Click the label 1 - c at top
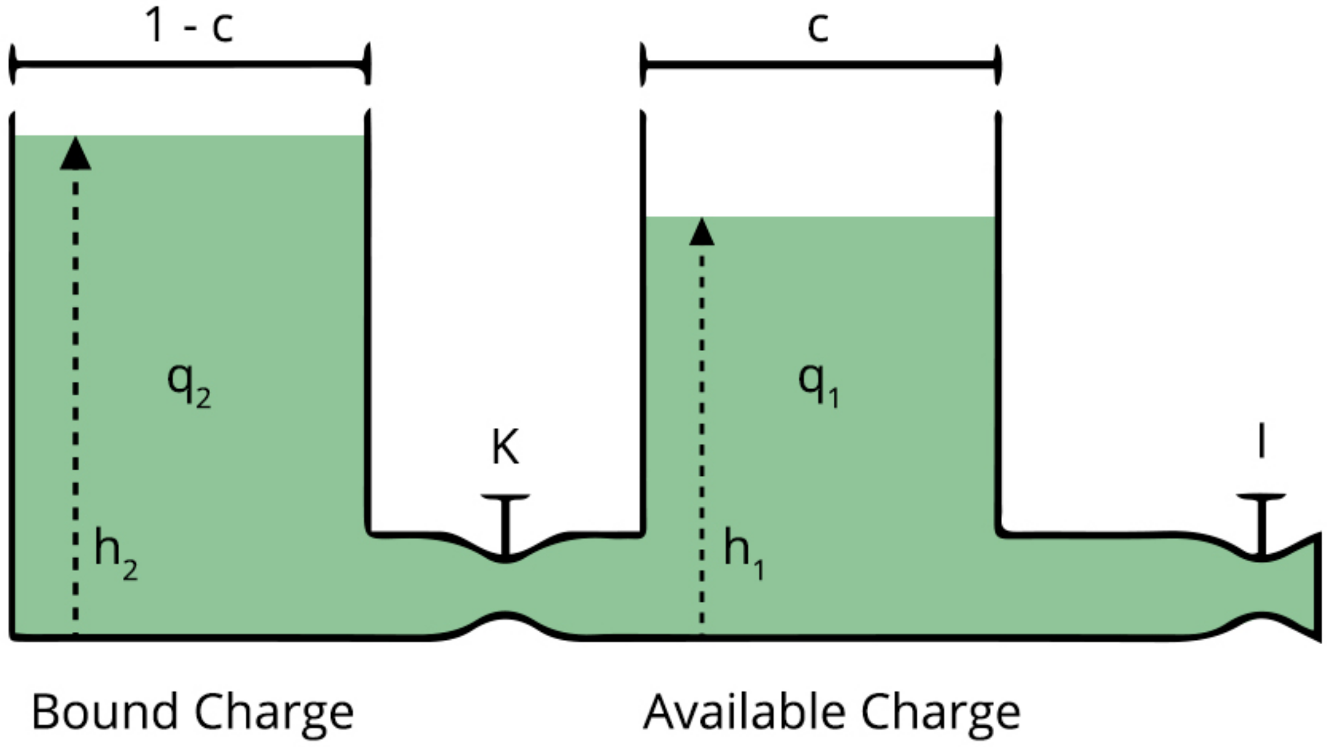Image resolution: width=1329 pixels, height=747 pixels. click(x=189, y=27)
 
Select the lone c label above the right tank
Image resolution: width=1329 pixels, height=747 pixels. click(x=818, y=28)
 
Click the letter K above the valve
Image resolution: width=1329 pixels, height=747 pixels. click(x=505, y=447)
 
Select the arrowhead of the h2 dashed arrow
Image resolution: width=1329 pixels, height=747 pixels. click(x=76, y=154)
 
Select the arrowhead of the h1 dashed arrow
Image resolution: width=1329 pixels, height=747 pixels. click(x=702, y=233)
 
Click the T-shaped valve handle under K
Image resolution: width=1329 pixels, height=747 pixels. click(x=505, y=521)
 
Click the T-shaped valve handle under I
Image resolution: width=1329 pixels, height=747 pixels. click(x=1261, y=521)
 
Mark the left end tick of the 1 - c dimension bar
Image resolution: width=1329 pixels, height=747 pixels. click(x=12, y=64)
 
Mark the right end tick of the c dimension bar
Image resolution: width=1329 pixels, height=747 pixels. click(x=997, y=64)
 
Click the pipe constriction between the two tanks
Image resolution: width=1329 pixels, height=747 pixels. click(x=505, y=587)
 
